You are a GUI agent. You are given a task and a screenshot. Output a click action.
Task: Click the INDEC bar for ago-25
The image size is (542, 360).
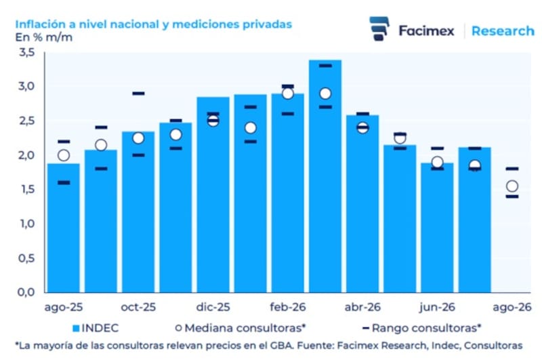[64, 228]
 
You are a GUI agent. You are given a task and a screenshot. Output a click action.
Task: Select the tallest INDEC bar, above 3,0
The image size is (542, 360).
[325, 176]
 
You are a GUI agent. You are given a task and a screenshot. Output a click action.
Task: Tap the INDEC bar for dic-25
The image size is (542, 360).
[213, 195]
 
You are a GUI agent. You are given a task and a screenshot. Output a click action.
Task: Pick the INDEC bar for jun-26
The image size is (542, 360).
[437, 228]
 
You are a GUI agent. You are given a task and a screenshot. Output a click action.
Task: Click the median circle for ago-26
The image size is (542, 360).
[512, 186]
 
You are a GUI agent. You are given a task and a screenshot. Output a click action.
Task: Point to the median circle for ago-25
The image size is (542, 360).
[64, 155]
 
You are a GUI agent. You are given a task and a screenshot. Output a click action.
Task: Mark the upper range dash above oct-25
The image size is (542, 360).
[138, 94]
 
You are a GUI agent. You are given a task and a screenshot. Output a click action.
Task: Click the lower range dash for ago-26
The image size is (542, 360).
[512, 197]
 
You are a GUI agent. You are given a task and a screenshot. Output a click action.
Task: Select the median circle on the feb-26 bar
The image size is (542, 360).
[288, 94]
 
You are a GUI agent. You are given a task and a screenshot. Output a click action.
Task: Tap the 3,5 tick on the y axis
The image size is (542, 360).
[27, 53]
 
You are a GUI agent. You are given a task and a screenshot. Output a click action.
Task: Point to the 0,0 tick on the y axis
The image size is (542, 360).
[26, 292]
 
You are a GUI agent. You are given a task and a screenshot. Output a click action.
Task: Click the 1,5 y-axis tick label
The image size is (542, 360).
[27, 189]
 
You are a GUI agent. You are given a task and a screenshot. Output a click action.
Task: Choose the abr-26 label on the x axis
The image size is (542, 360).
[362, 307]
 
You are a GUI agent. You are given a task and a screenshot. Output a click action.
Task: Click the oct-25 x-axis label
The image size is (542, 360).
[138, 307]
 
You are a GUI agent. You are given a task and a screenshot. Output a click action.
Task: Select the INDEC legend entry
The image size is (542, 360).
[96, 328]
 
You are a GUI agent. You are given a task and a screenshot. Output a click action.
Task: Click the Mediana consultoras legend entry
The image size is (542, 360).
[241, 328]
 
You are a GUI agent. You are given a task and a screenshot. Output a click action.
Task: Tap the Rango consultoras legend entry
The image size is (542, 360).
[421, 328]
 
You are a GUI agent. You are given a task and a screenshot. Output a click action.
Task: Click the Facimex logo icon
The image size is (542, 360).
[379, 28]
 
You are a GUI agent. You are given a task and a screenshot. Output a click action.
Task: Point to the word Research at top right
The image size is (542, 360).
[503, 31]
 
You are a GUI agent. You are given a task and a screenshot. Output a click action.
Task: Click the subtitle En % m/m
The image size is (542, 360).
[44, 37]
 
